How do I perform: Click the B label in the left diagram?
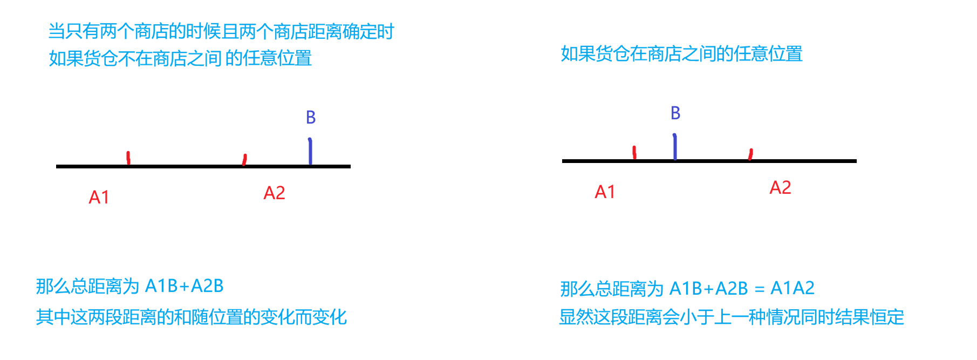tap(311, 117)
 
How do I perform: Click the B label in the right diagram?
tap(675, 113)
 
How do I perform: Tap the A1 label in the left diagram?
tap(99, 198)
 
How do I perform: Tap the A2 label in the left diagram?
tap(274, 193)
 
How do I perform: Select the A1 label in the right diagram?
tap(605, 192)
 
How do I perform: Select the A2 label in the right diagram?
tap(780, 188)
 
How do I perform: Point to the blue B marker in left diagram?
tap(310, 151)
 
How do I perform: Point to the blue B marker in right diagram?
tap(675, 147)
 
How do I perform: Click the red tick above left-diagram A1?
tap(128, 158)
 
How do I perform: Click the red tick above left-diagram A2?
tap(245, 159)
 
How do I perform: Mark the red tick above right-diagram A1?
tap(635, 152)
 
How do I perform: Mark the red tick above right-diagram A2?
tap(750, 154)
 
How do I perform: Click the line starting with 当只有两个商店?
tap(221, 32)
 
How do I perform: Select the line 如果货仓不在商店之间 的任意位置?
tap(180, 58)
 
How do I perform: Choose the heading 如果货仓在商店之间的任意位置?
tap(681, 54)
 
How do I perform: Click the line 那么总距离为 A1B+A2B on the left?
tap(129, 286)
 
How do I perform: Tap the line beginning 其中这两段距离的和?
tap(191, 317)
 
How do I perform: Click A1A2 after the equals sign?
tap(792, 288)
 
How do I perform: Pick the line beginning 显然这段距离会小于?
tap(731, 317)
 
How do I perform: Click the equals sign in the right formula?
tap(759, 289)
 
